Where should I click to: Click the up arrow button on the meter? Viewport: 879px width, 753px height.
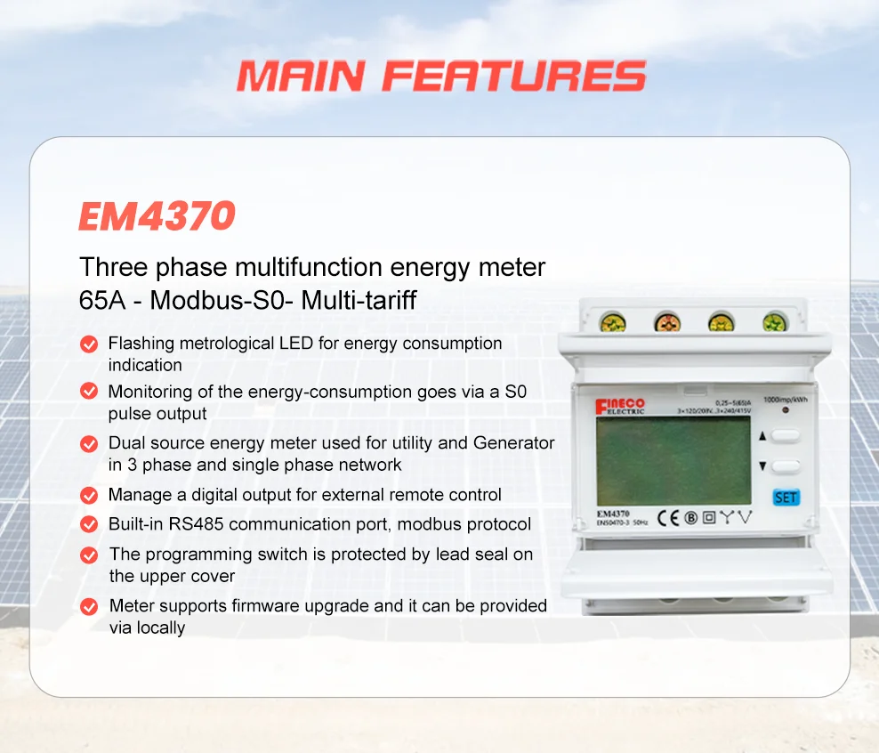(x=786, y=436)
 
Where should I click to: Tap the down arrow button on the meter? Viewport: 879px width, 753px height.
(x=786, y=466)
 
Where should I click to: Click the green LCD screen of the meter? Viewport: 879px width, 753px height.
(x=673, y=460)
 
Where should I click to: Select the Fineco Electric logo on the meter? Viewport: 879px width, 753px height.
(x=620, y=405)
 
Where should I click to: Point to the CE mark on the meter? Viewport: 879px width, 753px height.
(x=668, y=517)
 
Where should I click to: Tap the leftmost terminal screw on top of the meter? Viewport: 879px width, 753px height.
(x=614, y=320)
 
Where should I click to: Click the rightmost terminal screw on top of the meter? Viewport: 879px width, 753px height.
(x=775, y=320)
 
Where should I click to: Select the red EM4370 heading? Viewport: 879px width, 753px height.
(x=157, y=216)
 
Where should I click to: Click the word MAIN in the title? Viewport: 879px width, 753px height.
(x=302, y=77)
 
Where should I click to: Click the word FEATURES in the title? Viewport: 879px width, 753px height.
(x=514, y=77)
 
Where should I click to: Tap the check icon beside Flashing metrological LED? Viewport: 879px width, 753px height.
(x=89, y=344)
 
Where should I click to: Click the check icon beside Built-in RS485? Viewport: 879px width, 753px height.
(x=89, y=524)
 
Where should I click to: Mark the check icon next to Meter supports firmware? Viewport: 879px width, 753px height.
(x=89, y=606)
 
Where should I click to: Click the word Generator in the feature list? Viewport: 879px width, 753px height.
(x=513, y=442)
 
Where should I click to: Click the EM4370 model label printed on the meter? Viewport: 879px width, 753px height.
(x=613, y=514)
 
